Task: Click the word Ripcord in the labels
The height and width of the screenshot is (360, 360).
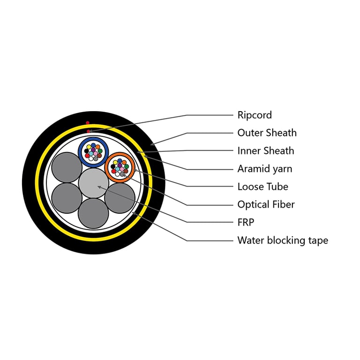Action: (255, 115)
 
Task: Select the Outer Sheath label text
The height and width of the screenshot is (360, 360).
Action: (267, 133)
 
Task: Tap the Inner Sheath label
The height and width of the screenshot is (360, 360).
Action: (266, 151)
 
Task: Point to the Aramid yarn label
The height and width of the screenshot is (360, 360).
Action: (265, 169)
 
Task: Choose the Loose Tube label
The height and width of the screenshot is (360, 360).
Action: (262, 187)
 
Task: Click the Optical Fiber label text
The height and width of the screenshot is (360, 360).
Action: (266, 204)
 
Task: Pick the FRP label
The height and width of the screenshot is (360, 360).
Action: (246, 222)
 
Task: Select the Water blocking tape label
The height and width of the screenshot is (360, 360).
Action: (283, 240)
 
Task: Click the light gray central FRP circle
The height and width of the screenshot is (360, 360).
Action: (93, 183)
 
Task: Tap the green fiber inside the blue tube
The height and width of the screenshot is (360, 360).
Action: (100, 151)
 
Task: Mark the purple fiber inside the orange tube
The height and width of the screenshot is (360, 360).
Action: (120, 165)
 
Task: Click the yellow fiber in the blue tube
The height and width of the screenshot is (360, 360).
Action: (89, 147)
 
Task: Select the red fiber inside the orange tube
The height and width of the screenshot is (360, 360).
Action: (113, 171)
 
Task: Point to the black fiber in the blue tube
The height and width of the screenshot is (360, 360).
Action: (86, 151)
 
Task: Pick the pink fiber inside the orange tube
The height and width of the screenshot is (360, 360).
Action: (122, 169)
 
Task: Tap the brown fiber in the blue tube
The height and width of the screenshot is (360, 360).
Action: (99, 156)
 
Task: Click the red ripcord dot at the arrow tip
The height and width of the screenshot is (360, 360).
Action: (89, 131)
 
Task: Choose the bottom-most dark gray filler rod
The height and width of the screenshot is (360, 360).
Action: (93, 213)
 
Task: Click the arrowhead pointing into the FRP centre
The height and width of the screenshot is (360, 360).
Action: (99, 187)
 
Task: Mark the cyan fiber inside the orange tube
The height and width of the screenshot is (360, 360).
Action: (118, 169)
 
